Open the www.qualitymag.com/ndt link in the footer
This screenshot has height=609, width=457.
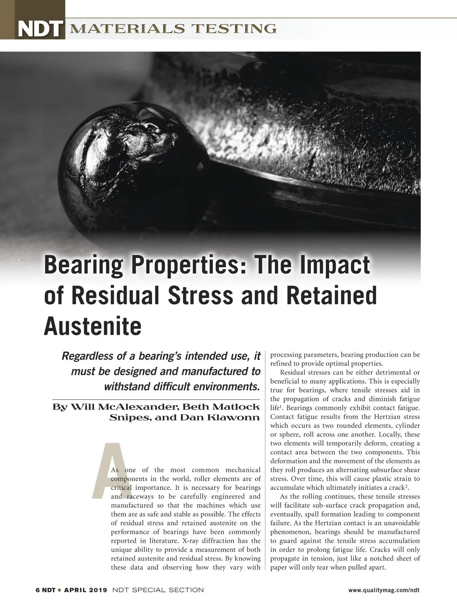click(x=383, y=590)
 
